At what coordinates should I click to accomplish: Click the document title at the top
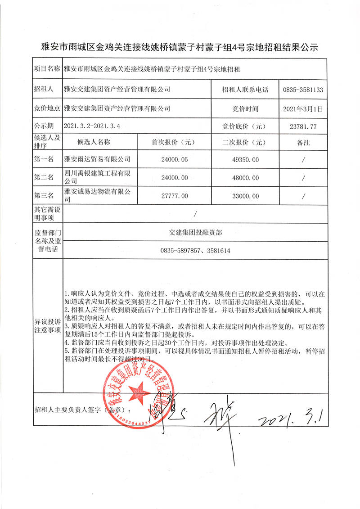180,47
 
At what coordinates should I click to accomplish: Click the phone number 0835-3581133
303,90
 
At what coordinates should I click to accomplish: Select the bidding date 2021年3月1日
303,108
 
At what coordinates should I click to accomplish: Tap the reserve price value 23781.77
303,127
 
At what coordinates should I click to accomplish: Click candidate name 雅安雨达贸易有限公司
98,159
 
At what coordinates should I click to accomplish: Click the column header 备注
303,142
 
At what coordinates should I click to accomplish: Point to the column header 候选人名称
94,142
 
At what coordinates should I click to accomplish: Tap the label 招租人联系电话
245,90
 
